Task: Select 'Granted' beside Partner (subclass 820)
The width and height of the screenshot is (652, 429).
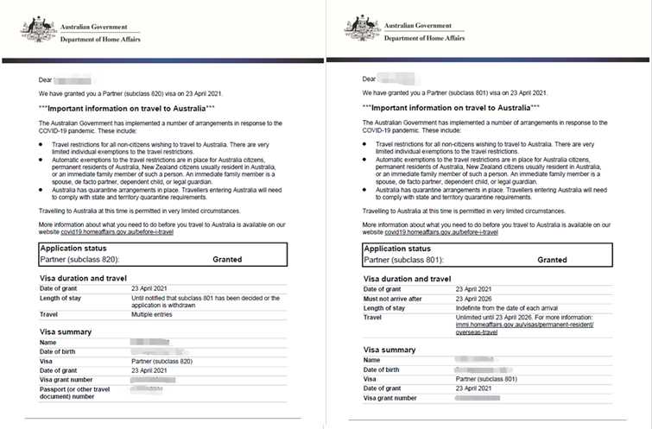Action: point(228,258)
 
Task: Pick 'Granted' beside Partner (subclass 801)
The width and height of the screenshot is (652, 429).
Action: point(552,259)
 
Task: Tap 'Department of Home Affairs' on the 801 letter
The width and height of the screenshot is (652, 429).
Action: point(428,39)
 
